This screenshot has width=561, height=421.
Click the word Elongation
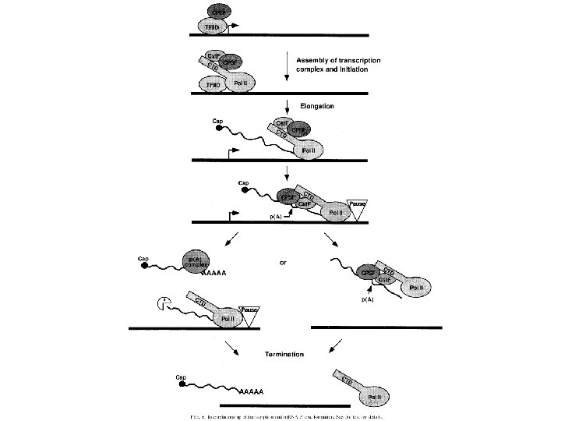[x=316, y=106]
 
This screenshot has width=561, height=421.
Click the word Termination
[x=281, y=354]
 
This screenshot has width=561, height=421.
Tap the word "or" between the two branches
[x=283, y=263]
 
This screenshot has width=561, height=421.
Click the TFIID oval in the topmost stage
[x=211, y=27]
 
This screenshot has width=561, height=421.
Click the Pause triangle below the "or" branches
[x=250, y=313]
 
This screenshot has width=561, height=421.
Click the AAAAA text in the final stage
[x=251, y=390]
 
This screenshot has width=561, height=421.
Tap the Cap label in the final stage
[x=182, y=377]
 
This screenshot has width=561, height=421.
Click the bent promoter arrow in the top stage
[x=234, y=27]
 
